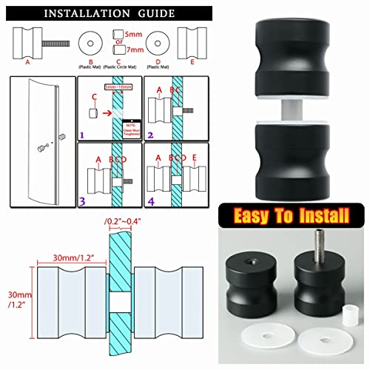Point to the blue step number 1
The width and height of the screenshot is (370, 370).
(x=84, y=135)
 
